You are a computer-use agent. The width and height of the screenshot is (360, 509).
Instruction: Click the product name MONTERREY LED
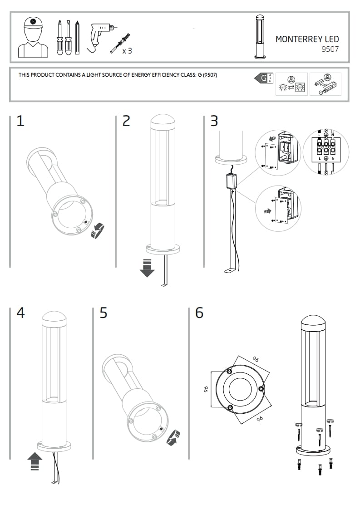point(307,39)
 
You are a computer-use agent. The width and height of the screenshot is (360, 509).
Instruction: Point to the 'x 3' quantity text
point(127,51)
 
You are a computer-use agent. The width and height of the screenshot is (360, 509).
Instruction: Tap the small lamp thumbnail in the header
point(260,37)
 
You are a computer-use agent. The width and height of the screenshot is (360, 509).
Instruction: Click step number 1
point(20,121)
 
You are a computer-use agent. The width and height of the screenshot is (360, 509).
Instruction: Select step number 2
point(126,121)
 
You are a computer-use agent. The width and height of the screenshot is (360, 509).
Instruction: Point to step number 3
point(214,121)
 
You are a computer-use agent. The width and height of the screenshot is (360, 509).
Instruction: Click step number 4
point(20,313)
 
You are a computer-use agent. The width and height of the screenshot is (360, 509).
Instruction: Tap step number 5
point(104,313)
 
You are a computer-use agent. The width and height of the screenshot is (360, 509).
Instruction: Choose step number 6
point(199,313)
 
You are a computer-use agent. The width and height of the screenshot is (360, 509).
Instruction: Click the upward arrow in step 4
point(35,462)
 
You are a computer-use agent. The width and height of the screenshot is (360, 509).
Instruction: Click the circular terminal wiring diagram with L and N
point(326,152)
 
